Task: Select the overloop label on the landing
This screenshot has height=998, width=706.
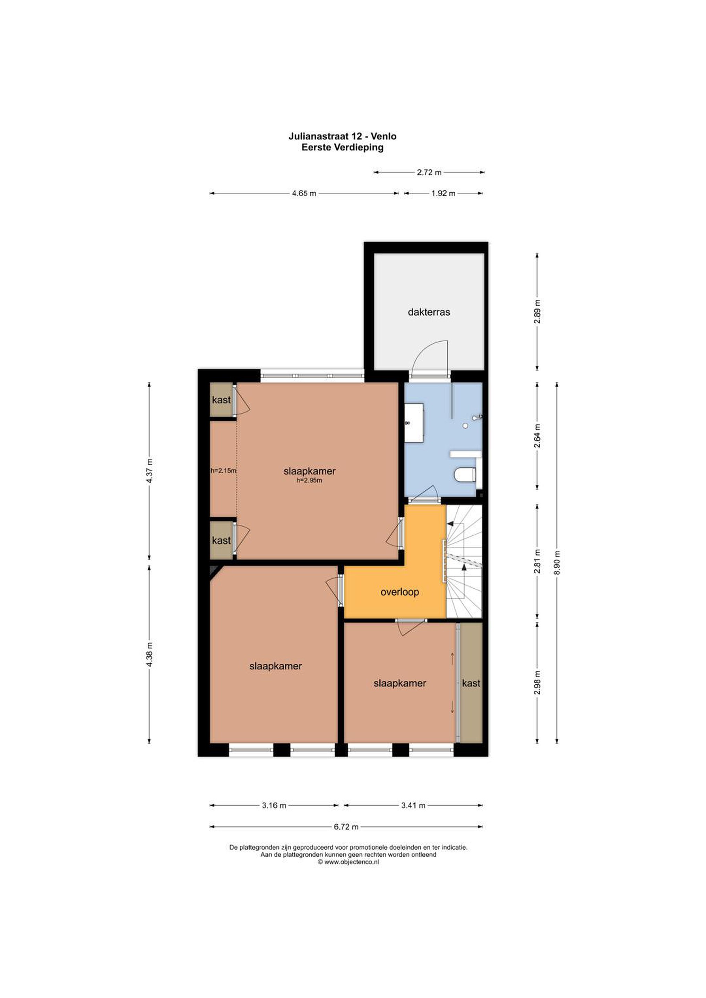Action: [x=399, y=592]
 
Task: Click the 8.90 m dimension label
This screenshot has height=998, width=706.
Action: [x=557, y=562]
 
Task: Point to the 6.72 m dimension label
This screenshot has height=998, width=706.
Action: [x=346, y=827]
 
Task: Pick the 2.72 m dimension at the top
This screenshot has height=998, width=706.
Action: [x=429, y=172]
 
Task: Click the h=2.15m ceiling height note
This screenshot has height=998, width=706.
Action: [x=224, y=470]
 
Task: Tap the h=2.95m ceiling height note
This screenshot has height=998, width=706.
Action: [x=309, y=480]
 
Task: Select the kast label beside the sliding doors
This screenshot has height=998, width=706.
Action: [x=471, y=683]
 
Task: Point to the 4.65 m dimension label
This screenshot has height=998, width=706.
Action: [x=304, y=193]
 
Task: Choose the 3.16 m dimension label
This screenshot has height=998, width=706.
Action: [x=274, y=805]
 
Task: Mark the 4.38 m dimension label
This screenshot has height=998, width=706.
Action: [x=149, y=655]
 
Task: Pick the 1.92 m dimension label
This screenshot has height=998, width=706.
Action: [x=443, y=193]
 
